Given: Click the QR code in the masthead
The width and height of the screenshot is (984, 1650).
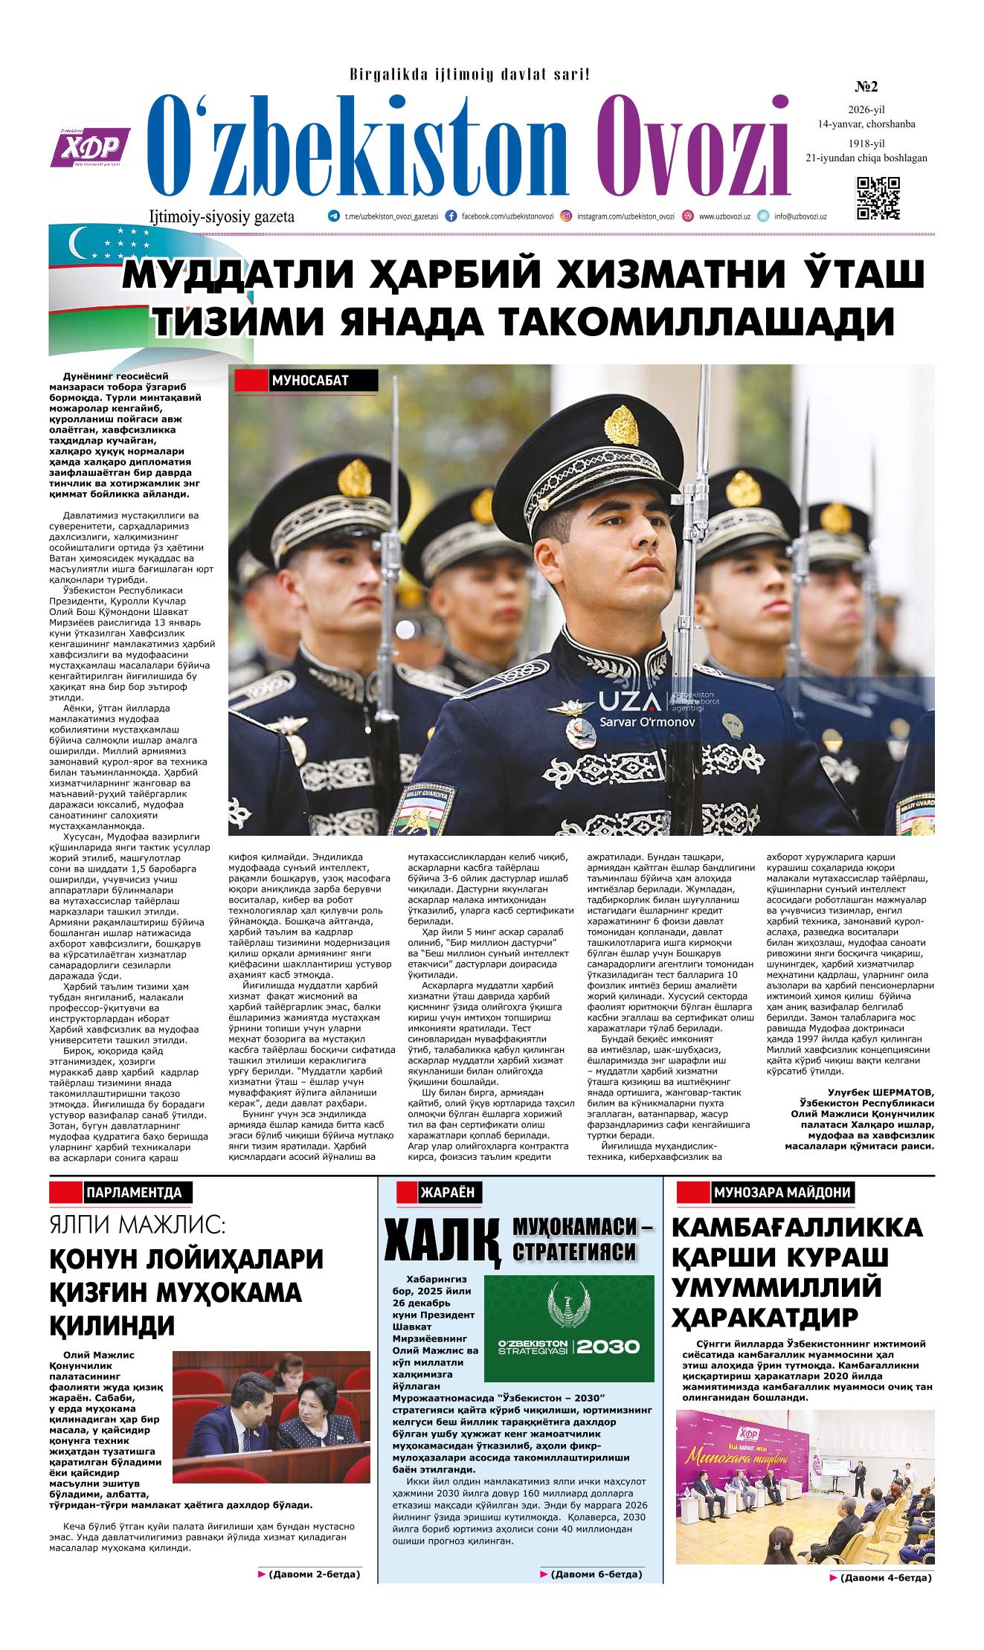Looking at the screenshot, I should pyautogui.click(x=878, y=198).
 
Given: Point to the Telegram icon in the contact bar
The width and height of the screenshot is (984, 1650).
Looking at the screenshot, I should pyautogui.click(x=333, y=216).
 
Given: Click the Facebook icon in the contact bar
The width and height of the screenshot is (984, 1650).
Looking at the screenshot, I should pyautogui.click(x=451, y=216).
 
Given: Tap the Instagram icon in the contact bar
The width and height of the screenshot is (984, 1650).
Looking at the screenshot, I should pyautogui.click(x=566, y=216).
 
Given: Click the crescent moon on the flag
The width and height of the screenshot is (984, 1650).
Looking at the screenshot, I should pyautogui.click(x=77, y=242).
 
